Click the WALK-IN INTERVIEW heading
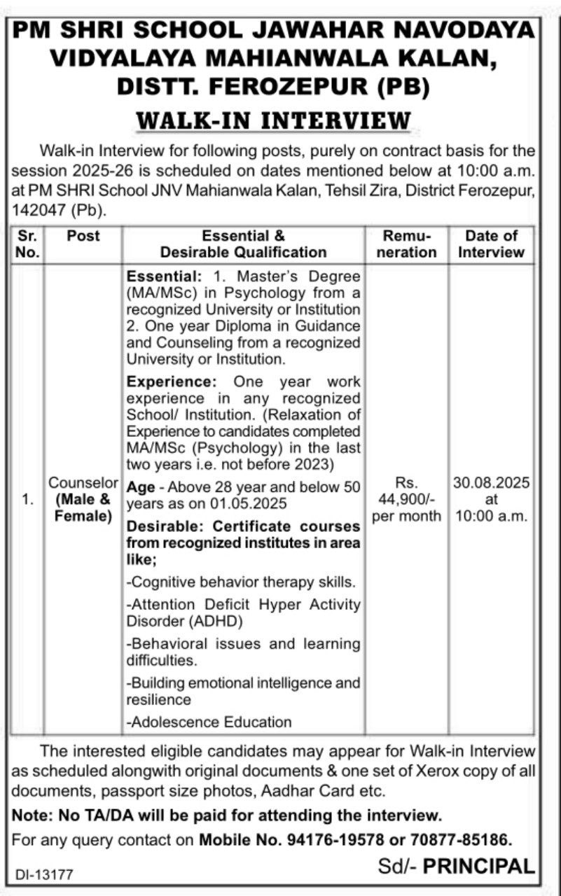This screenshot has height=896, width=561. [x=273, y=120]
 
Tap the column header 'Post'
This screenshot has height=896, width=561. [x=83, y=236]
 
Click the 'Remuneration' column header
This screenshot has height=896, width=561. [x=406, y=244]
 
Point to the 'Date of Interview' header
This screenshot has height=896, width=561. [x=491, y=244]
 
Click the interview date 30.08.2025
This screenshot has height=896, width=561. [x=491, y=484]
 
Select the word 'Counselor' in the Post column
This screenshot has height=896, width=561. [x=83, y=484]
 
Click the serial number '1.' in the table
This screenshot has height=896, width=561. [x=27, y=500]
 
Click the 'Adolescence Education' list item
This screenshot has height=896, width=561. [x=209, y=722]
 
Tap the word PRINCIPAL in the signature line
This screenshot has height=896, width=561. [x=478, y=867]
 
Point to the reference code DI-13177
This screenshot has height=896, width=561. [x=45, y=874]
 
